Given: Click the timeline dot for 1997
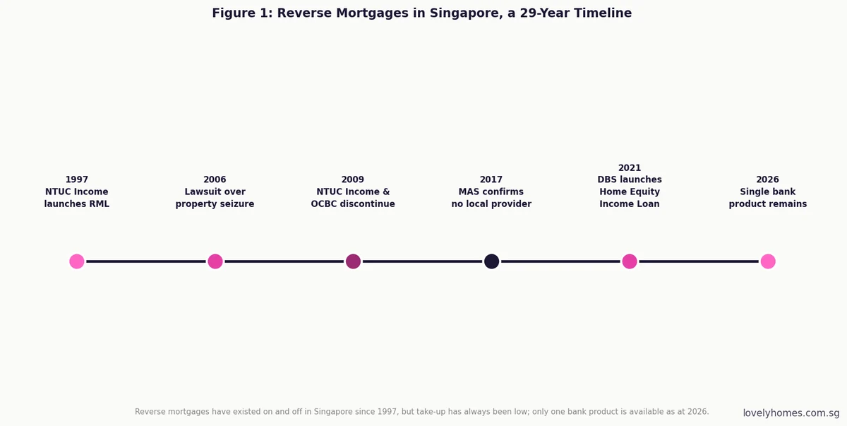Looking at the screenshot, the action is click(x=77, y=261).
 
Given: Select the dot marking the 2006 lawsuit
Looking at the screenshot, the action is click(x=215, y=261).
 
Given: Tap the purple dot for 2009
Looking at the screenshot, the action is click(x=353, y=261).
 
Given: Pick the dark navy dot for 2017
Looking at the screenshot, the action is click(x=491, y=261).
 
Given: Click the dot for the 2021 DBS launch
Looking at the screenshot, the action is click(x=630, y=261).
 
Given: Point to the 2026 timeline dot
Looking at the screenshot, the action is click(x=768, y=261).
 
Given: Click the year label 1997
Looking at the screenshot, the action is click(x=77, y=179).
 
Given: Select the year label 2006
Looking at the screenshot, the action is click(x=215, y=179).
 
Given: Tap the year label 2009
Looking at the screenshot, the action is click(x=353, y=179).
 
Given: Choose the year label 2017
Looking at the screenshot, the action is click(x=491, y=179).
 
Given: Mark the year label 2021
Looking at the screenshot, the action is click(x=630, y=167).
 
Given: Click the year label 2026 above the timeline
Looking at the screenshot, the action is click(x=768, y=179).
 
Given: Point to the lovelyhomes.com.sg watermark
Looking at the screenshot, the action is click(x=791, y=413).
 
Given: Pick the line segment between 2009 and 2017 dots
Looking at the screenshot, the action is click(x=422, y=261).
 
